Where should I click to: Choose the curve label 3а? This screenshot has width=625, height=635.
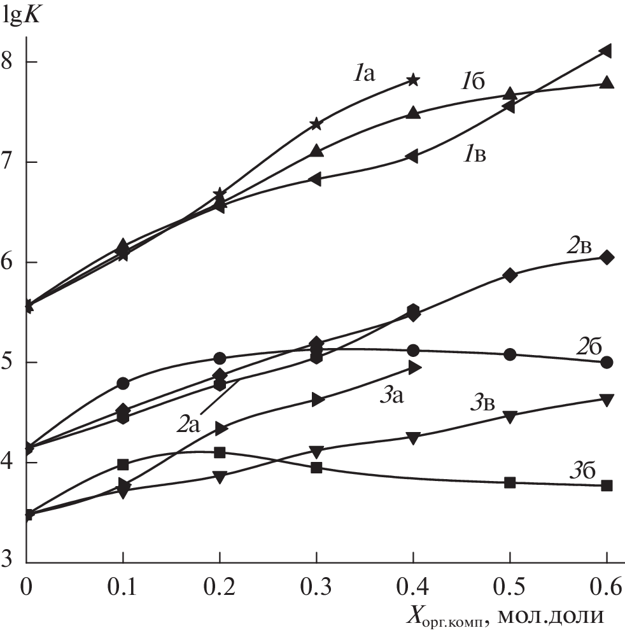(393, 396)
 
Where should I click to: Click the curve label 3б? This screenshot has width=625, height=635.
(582, 471)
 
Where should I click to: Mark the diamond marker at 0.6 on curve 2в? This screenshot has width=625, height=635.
(607, 258)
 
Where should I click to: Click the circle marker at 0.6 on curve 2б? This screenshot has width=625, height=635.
(607, 362)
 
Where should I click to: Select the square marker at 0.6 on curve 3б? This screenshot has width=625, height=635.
(607, 485)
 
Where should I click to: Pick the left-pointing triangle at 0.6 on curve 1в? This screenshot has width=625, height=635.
(606, 51)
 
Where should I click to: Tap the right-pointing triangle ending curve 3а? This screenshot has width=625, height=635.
(414, 367)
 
